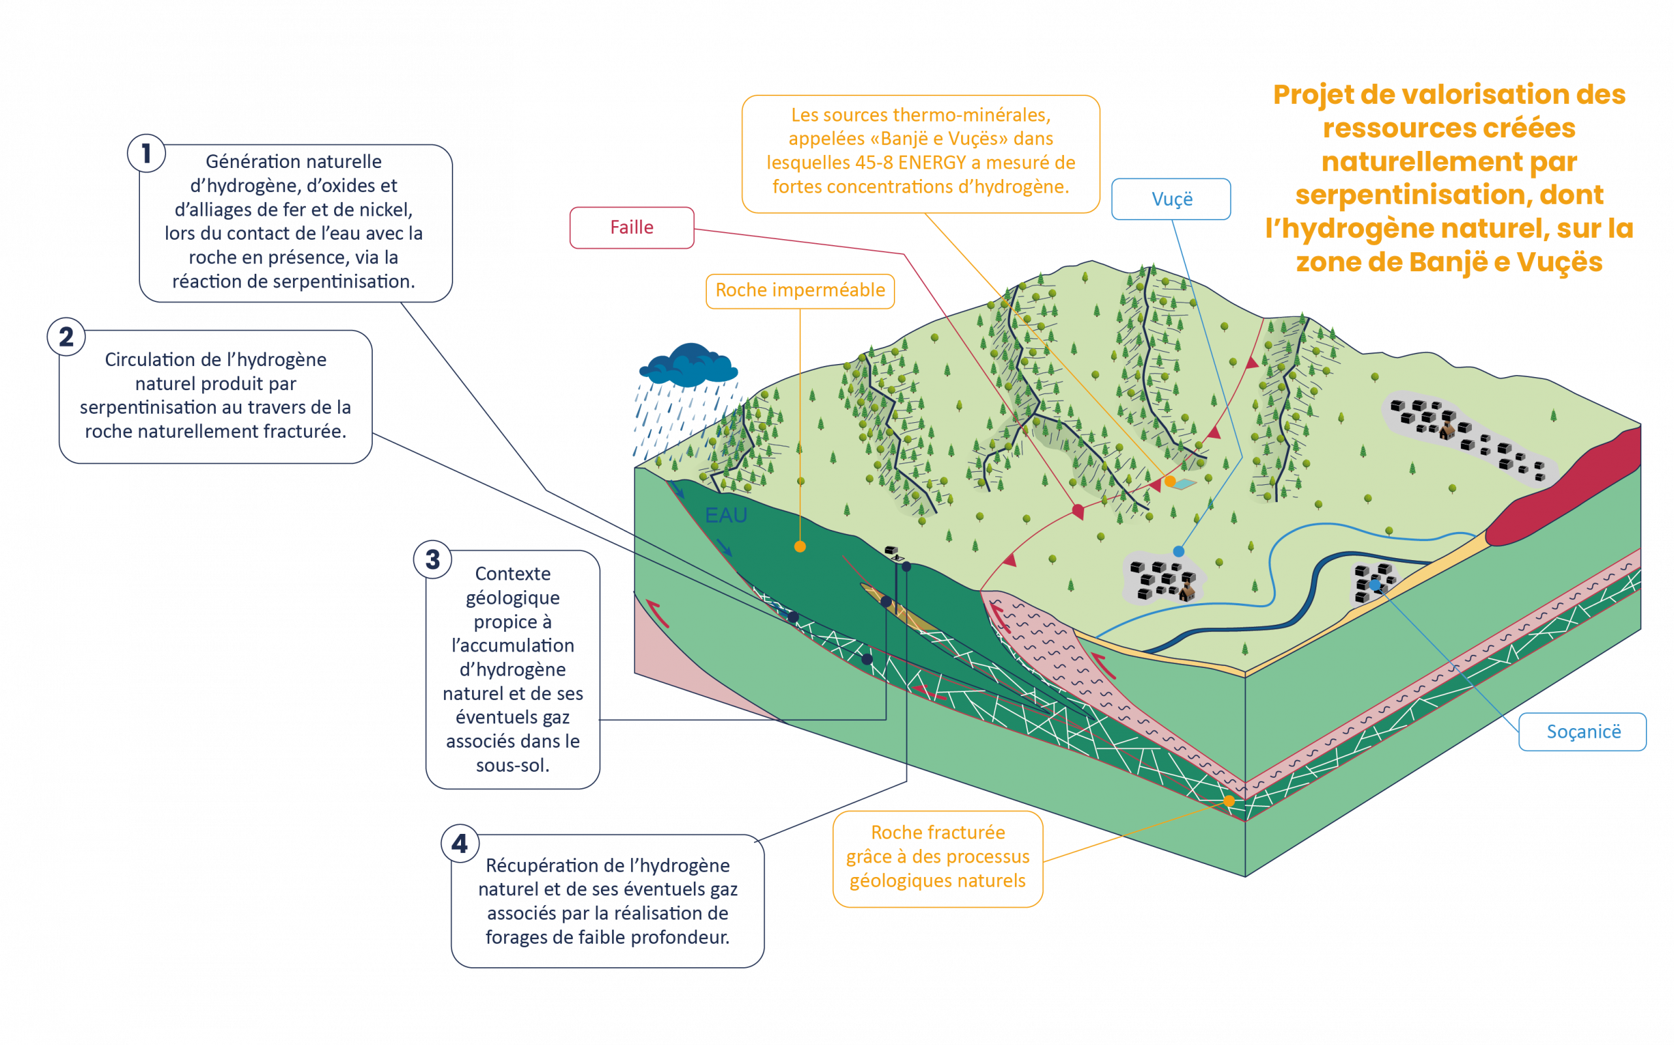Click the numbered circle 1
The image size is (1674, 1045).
(x=146, y=154)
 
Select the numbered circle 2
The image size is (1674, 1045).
(x=65, y=337)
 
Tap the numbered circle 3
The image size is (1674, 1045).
(x=432, y=559)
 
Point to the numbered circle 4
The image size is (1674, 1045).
(x=460, y=843)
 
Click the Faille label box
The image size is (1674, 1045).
(x=631, y=227)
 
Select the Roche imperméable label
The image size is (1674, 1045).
(x=800, y=290)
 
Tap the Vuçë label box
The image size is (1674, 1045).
(x=1171, y=199)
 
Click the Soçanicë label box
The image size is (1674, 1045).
(x=1582, y=732)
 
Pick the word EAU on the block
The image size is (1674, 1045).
(x=726, y=515)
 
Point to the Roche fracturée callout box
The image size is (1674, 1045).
(x=938, y=857)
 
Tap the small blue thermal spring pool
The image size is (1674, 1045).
(x=1185, y=484)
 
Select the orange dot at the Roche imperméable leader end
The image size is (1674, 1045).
(x=800, y=547)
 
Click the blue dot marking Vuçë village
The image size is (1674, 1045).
(x=1179, y=552)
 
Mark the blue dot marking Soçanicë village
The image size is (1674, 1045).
(x=1375, y=585)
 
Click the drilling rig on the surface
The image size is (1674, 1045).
(x=893, y=553)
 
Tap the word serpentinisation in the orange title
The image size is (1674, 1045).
(x=1406, y=195)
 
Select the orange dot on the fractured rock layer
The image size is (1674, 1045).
(x=1229, y=801)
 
